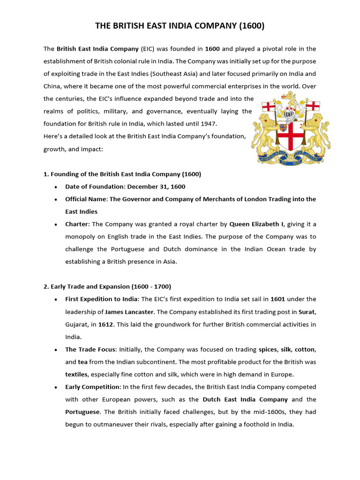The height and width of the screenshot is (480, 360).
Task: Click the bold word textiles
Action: (77, 374)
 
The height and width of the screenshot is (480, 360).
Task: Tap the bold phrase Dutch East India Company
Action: (245, 399)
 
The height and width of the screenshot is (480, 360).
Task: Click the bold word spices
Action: (268, 349)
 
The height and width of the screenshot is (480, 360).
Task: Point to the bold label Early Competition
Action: (92, 387)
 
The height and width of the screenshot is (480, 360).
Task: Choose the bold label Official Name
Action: (86, 199)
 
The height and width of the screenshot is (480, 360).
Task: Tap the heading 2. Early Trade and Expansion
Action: (107, 286)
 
